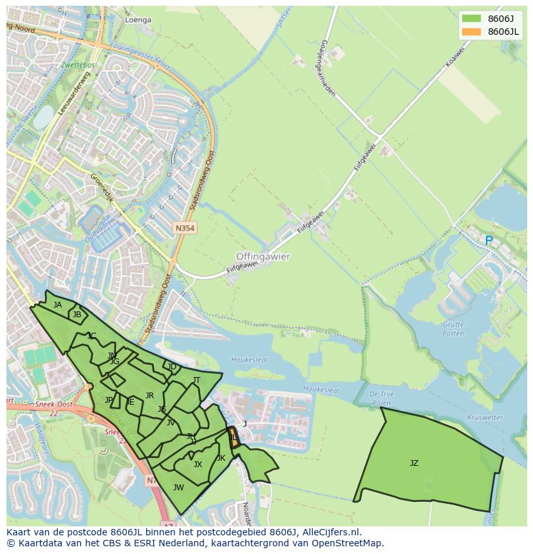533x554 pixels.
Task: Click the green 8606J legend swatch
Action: pos(471,19)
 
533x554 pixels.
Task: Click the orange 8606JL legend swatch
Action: pos(471,32)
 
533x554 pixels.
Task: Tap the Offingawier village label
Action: pos(263,256)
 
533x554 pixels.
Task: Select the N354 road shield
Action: pos(184,228)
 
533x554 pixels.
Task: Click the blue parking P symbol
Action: pos(489,241)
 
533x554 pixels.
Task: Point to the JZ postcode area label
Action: pos(414,463)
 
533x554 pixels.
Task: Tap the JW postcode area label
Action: pos(178,487)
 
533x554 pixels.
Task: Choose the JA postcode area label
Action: pos(58,305)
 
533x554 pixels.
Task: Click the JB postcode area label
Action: pos(77,315)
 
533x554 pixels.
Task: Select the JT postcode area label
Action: pos(196,380)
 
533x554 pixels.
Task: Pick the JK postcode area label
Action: pos(221,458)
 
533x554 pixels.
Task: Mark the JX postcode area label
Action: pos(198,465)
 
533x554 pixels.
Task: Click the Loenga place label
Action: pos(138,20)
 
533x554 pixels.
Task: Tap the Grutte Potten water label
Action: pos(453,329)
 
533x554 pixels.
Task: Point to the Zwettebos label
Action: pos(79,65)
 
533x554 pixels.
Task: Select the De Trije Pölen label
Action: pos(381,398)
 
